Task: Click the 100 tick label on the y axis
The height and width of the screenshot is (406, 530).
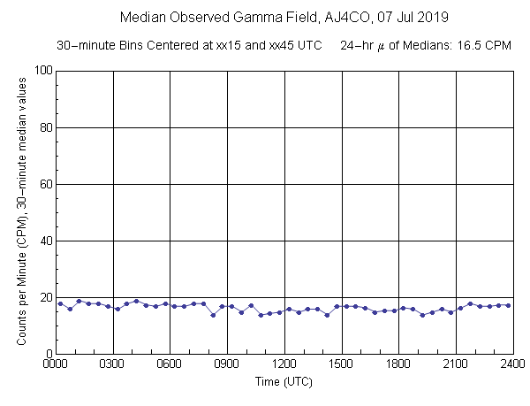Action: (41, 71)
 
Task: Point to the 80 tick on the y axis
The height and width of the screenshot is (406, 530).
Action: (44, 127)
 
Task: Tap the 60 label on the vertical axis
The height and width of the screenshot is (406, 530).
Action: (44, 184)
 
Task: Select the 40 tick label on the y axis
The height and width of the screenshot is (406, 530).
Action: (44, 241)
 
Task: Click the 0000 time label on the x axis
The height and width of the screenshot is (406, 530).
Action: (57, 364)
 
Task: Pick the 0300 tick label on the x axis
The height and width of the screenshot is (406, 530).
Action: (113, 364)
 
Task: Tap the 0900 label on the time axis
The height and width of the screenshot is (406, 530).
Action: (228, 364)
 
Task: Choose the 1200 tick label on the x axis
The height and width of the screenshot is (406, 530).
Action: (284, 364)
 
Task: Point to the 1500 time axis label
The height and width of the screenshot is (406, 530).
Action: (342, 364)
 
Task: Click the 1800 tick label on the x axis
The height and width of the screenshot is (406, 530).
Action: (399, 364)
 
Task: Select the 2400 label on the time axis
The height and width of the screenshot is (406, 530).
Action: (512, 364)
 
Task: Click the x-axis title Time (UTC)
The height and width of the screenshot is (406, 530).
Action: (284, 382)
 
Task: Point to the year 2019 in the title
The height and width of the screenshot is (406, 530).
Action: (434, 17)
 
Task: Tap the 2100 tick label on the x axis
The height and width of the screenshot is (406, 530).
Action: (456, 364)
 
